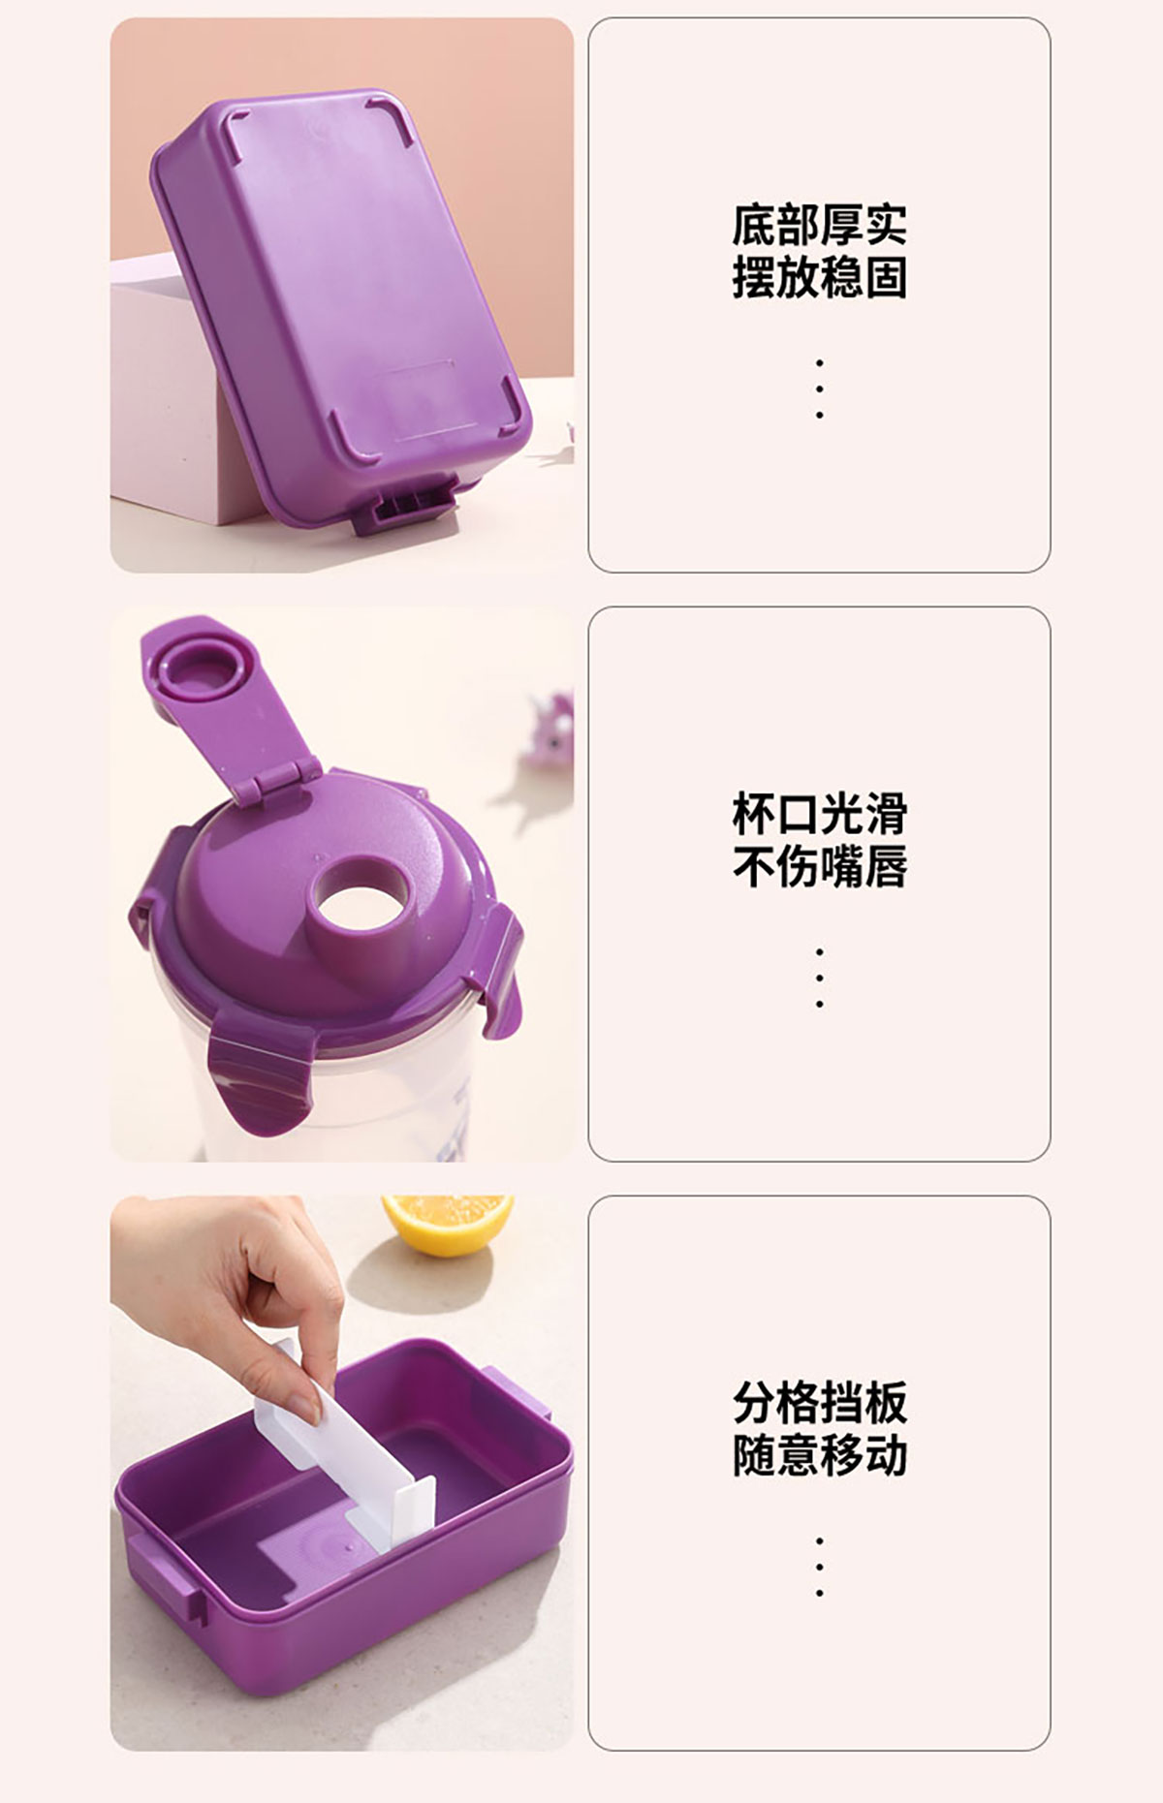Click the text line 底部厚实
pyautogui.click(x=819, y=225)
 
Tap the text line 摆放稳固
pyautogui.click(x=819, y=277)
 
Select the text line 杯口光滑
pyautogui.click(x=819, y=814)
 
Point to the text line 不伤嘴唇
pyautogui.click(x=819, y=866)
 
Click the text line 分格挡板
pyautogui.click(x=819, y=1402)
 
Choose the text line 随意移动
pyautogui.click(x=819, y=1455)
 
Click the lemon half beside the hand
pyautogui.click(x=447, y=1224)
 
